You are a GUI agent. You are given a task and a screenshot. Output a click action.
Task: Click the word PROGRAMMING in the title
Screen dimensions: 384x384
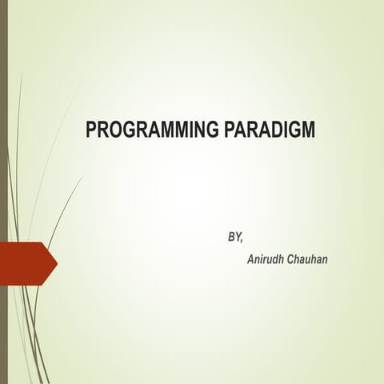150,130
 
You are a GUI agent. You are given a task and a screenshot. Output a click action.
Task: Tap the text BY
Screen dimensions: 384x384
234,238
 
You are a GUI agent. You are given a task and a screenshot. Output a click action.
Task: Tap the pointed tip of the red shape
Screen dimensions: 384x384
56,260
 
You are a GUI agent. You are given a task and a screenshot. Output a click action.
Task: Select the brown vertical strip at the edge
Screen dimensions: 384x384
3,192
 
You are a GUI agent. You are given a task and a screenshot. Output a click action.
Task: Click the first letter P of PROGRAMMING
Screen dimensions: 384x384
90,130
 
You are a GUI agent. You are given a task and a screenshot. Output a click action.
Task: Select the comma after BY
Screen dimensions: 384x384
241,241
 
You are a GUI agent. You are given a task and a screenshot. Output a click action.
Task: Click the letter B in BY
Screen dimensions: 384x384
230,238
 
